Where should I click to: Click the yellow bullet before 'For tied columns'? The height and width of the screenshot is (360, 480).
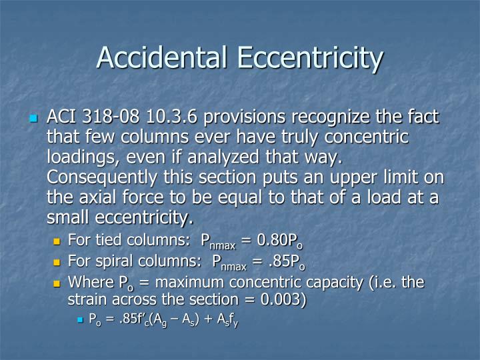[57, 241]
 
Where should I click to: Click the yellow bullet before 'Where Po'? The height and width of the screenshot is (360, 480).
[57, 283]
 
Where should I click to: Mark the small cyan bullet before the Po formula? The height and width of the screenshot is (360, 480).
[80, 320]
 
